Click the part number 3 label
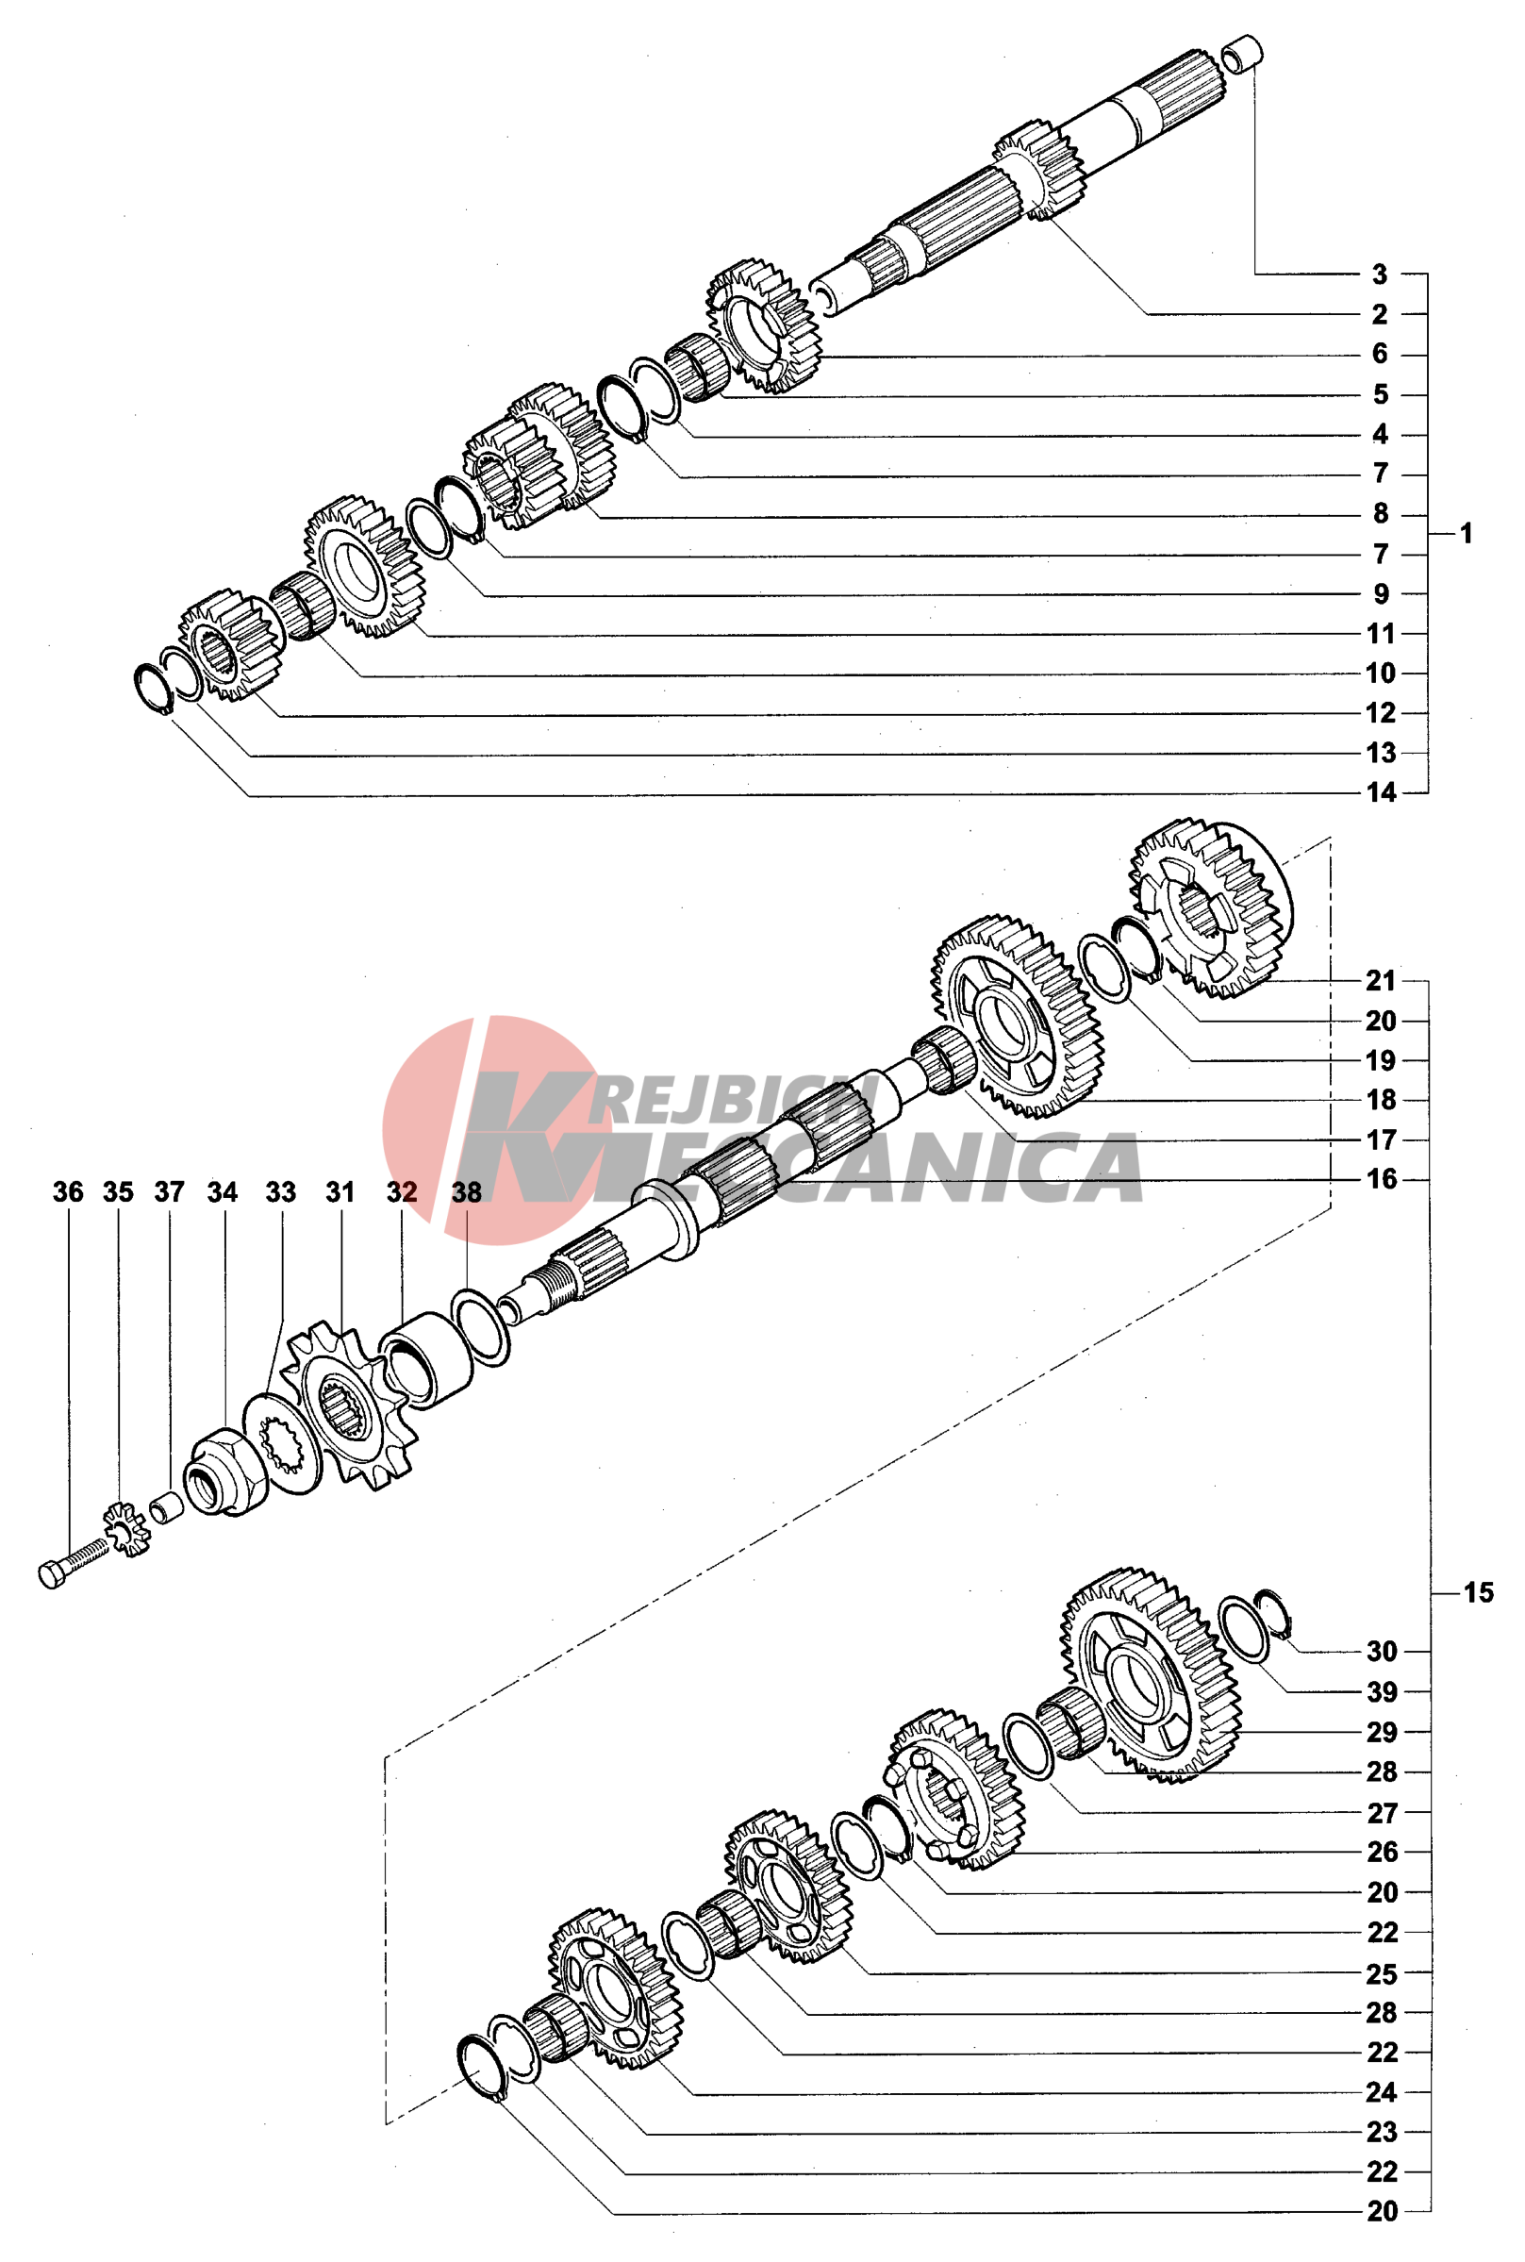(x=1379, y=274)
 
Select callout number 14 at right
(x=1381, y=792)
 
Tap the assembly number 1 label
(x=1467, y=534)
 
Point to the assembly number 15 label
(x=1479, y=1593)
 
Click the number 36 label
(x=68, y=1192)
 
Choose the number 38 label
(x=467, y=1192)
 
